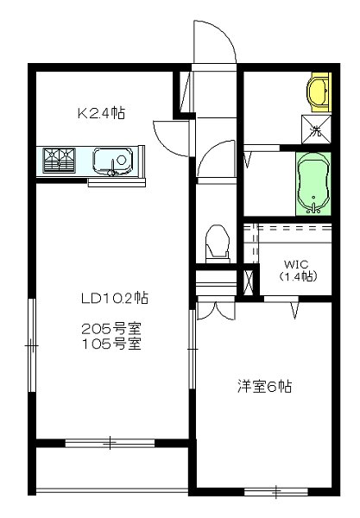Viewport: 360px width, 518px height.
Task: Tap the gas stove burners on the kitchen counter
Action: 59,159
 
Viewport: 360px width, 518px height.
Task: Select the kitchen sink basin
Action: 111,160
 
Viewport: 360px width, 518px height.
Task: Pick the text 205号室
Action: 110,328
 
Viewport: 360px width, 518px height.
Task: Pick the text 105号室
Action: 110,343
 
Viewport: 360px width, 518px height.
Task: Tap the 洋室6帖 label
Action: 266,387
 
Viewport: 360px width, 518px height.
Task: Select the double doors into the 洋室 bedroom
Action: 214,307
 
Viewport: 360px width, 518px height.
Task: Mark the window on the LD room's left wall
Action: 32,345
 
